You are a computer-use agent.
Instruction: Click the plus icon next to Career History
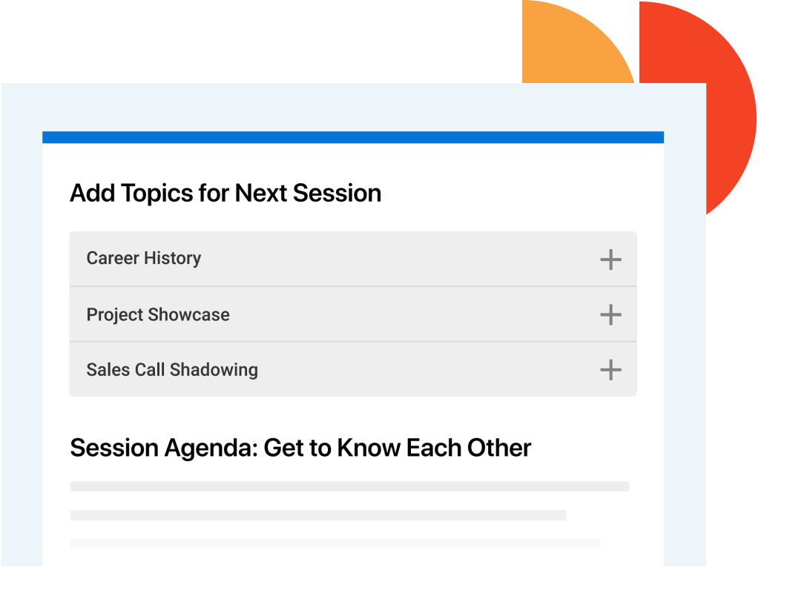[x=610, y=259]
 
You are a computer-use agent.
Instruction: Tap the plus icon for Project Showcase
[x=610, y=314]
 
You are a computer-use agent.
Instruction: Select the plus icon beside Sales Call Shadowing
[x=610, y=370]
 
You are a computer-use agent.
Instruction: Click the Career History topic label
[x=144, y=258]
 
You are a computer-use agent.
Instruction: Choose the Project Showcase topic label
[x=158, y=314]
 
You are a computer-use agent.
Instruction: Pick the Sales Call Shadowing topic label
[x=172, y=370]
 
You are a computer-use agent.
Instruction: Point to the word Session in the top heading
[x=337, y=193]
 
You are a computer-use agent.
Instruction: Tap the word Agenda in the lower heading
[x=211, y=448]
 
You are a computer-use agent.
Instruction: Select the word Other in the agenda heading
[x=499, y=448]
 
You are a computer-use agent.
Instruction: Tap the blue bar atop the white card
[x=353, y=137]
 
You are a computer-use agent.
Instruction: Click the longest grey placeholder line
[x=349, y=486]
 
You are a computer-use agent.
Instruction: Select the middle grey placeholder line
[x=318, y=515]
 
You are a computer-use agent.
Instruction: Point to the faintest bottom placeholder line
[x=335, y=543]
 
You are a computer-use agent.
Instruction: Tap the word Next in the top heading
[x=261, y=193]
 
